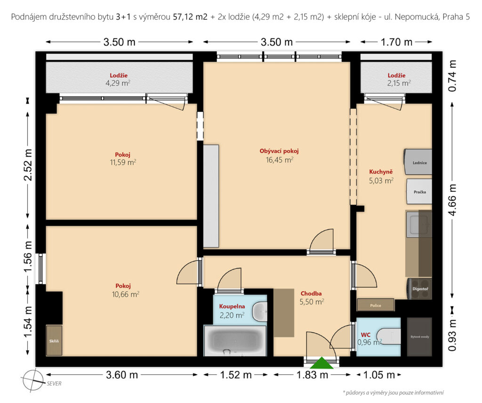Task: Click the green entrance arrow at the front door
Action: pyautogui.click(x=321, y=363)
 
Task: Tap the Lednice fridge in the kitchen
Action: pyautogui.click(x=418, y=162)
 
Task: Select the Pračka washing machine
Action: pyautogui.click(x=419, y=191)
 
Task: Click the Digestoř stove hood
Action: pyautogui.click(x=419, y=289)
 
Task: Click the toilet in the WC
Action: pyautogui.click(x=388, y=337)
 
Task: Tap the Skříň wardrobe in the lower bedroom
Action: pyautogui.click(x=54, y=340)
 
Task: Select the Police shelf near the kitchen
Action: pyautogui.click(x=375, y=305)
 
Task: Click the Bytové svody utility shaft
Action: pyautogui.click(x=419, y=337)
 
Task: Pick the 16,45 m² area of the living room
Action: pyautogui.click(x=280, y=160)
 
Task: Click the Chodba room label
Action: pyautogui.click(x=311, y=293)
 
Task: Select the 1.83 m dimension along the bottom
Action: pyautogui.click(x=312, y=375)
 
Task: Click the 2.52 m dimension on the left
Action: pyautogui.click(x=28, y=164)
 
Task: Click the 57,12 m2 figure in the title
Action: pyautogui.click(x=190, y=16)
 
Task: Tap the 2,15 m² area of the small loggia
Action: pyautogui.click(x=399, y=83)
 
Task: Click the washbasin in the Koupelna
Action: pyautogui.click(x=260, y=312)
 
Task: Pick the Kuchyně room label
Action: pyautogui.click(x=381, y=172)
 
